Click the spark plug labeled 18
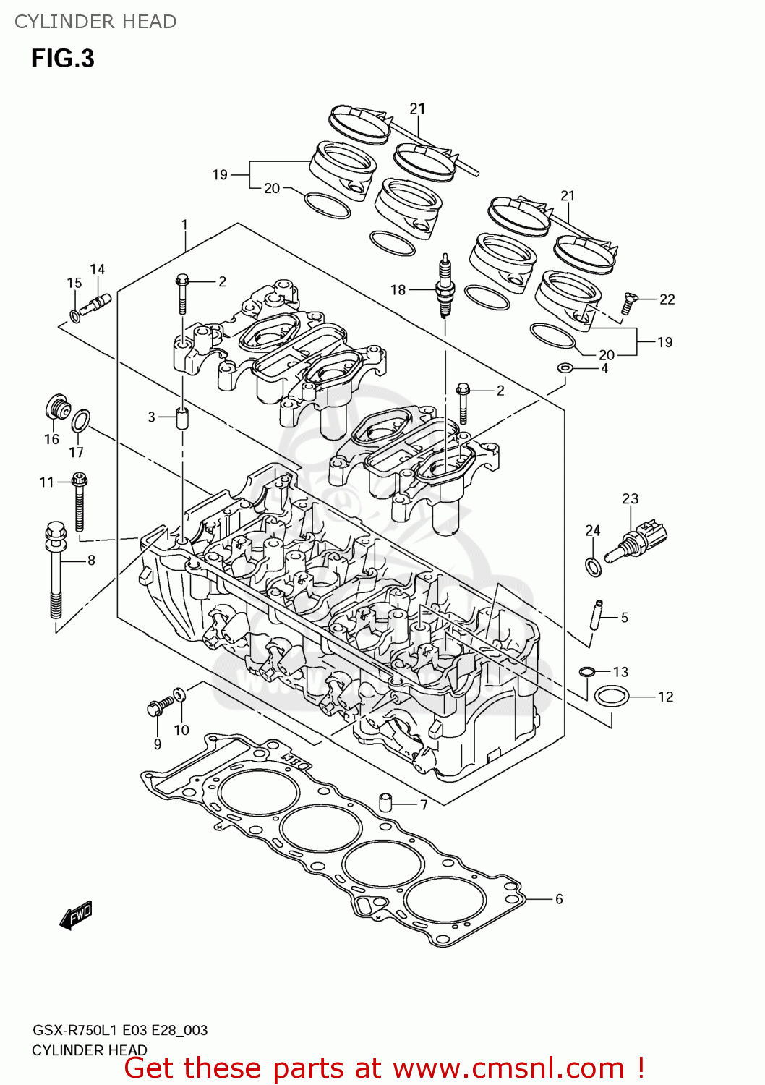tap(445, 287)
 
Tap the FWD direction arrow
tap(76, 915)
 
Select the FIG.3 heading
tap(63, 59)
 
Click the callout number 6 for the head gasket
tap(559, 899)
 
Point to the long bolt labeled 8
tap(56, 571)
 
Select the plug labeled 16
tap(56, 408)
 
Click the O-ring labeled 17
tap(81, 420)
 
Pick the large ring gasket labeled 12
tap(611, 697)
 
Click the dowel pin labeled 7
tap(386, 801)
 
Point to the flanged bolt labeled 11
tap(80, 502)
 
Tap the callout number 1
tap(184, 225)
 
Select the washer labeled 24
tap(593, 566)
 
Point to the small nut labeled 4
tap(565, 369)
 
